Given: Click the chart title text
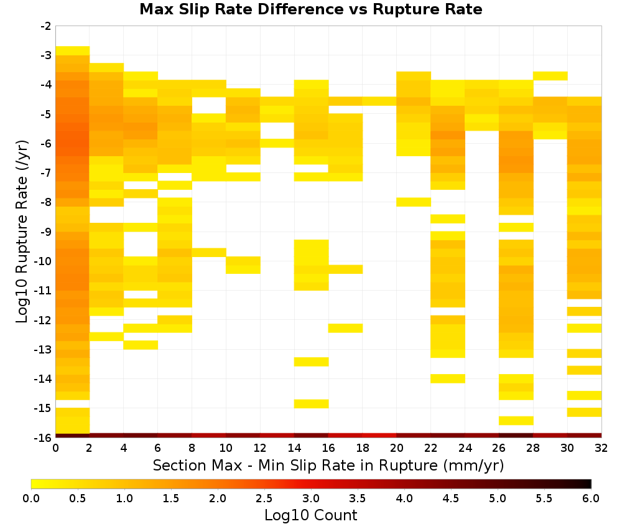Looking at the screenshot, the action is pos(310,9).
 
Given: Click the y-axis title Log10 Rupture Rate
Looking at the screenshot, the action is pos(22,232).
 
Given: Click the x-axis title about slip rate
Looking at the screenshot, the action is pos(328,465).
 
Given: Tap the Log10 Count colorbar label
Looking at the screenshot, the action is pos(310,515).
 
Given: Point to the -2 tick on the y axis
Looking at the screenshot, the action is pos(45,26).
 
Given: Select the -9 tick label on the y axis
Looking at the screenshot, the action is pos(45,232).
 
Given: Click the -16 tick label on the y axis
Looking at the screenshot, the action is pos(43,438).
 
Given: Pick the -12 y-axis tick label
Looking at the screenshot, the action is pos(43,320).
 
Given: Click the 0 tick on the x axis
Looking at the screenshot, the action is pos(55,448).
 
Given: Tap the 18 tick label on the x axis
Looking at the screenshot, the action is pos(363,448).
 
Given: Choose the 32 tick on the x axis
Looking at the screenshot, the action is pos(601,448).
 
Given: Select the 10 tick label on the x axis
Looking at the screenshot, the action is pos(226,448).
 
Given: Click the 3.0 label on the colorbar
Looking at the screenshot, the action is pos(311,499).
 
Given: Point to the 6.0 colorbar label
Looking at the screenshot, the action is pos(591,499).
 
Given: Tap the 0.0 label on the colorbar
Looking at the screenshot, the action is pos(31,499).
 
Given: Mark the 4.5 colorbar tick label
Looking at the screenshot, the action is pos(451,499).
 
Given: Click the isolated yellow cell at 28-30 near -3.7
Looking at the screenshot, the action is pos(550,76).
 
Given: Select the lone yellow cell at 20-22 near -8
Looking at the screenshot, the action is pos(414,202).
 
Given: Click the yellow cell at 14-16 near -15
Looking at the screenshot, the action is pos(312,403).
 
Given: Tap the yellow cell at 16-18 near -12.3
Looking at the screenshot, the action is pos(345,328).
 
